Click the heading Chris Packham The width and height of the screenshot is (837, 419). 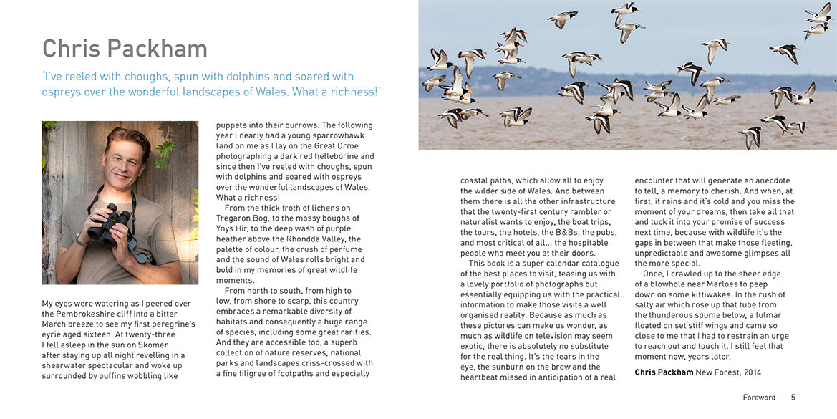[x=125, y=49]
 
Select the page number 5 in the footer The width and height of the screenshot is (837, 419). [x=793, y=398]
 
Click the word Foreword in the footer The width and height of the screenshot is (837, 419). [x=759, y=398]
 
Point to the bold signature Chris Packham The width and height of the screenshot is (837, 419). [x=664, y=372]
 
